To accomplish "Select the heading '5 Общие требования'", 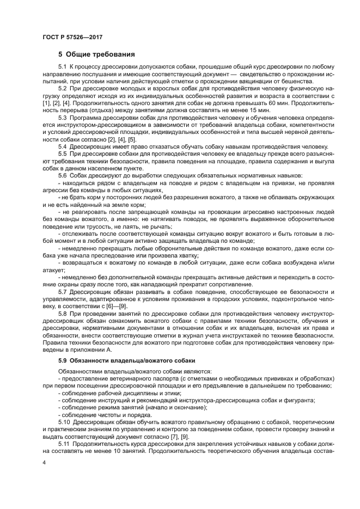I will pos(93,54).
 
